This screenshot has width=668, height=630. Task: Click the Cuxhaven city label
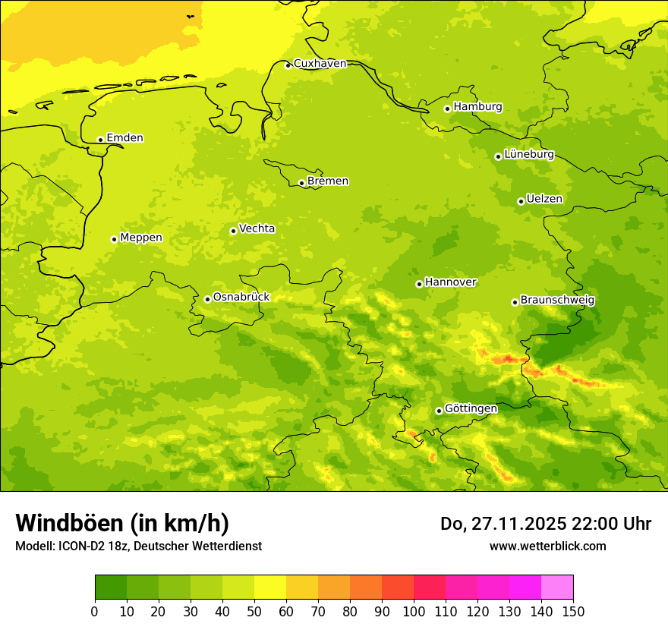[x=320, y=64]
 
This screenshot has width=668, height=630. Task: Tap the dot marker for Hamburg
[x=447, y=109]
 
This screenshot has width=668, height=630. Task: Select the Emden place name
[x=124, y=138]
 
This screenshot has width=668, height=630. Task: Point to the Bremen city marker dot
[x=301, y=183]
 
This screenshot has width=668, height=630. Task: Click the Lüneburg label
[x=529, y=154]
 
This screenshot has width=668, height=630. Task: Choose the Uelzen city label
[x=544, y=199]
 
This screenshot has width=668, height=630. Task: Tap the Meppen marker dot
[x=114, y=239]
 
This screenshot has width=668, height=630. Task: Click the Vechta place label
[x=257, y=228]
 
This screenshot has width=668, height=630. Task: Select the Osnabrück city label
[x=241, y=297]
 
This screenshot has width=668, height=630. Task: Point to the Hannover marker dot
[x=419, y=284]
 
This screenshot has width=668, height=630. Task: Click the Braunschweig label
[x=557, y=300]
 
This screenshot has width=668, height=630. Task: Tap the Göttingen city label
[x=471, y=408]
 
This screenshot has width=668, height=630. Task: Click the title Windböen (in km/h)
[x=122, y=523]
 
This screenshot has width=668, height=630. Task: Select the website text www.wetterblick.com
[x=547, y=546]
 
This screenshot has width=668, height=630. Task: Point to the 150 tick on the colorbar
[x=573, y=611]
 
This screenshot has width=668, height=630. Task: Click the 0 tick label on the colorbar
[x=95, y=611]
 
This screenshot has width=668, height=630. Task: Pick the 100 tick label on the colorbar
[x=414, y=611]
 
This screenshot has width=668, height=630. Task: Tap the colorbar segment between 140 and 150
[x=557, y=587]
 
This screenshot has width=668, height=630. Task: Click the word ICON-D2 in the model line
[x=78, y=546]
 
